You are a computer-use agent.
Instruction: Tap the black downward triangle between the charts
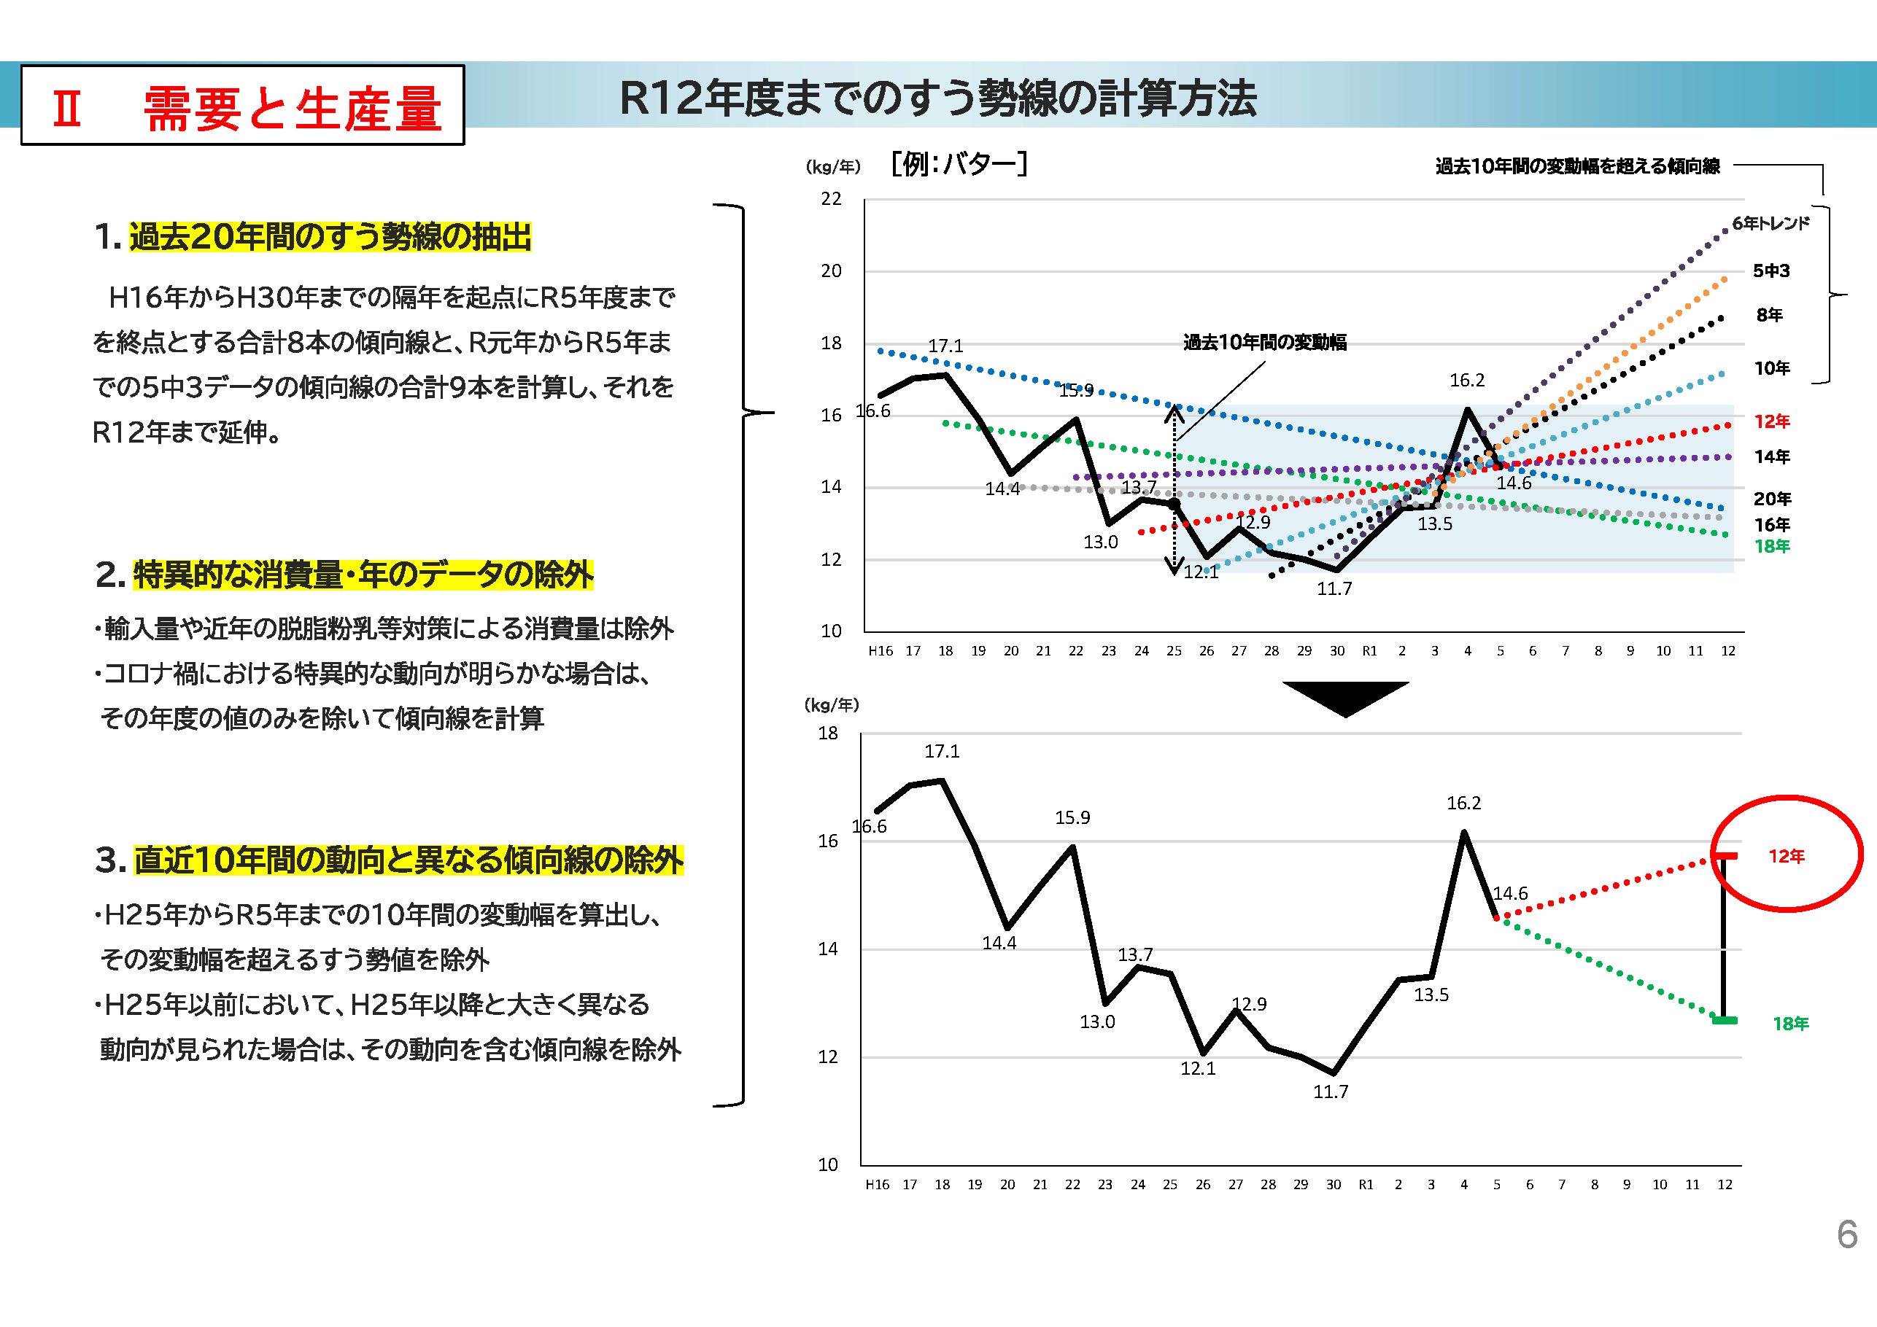coord(1344,697)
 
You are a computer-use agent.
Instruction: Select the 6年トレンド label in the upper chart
coord(1770,223)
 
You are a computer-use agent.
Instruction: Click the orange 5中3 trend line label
coord(1770,271)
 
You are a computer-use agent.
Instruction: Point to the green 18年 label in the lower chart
coord(1790,1023)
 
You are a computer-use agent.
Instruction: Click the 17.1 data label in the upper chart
coord(946,346)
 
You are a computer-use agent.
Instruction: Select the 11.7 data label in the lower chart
coord(1331,1091)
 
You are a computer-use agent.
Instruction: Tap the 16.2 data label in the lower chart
coord(1463,803)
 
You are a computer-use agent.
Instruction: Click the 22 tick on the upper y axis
coord(832,198)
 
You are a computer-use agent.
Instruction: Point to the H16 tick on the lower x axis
coord(877,1184)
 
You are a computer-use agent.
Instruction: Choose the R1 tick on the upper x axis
coord(1369,651)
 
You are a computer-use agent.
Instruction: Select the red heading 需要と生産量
coord(293,109)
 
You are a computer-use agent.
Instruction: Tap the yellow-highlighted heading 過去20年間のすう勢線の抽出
coord(330,237)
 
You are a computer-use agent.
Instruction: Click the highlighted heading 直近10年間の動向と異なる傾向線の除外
coord(409,860)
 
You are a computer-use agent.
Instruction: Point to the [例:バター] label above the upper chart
coord(959,164)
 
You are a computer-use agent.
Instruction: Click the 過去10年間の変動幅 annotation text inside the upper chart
coord(1265,343)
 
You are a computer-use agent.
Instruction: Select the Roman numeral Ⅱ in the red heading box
coord(68,109)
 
